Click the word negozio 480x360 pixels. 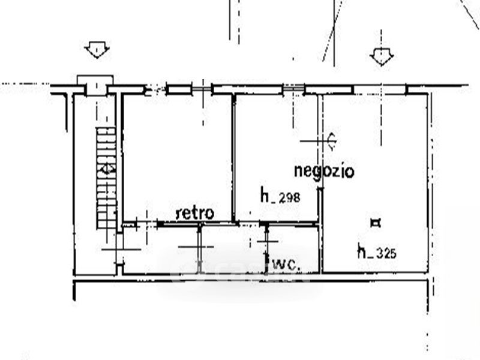(x=324, y=171)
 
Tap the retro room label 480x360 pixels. (x=195, y=212)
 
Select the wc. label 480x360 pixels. (x=287, y=264)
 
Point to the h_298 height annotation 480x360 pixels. (x=280, y=196)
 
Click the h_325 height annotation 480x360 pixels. (x=377, y=251)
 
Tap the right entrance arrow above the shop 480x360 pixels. (x=381, y=57)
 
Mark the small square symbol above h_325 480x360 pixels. (x=376, y=224)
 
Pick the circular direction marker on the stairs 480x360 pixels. (x=106, y=169)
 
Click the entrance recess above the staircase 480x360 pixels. (x=95, y=85)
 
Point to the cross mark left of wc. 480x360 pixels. (x=268, y=241)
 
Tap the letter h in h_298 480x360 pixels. (x=264, y=195)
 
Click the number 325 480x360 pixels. (x=387, y=253)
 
